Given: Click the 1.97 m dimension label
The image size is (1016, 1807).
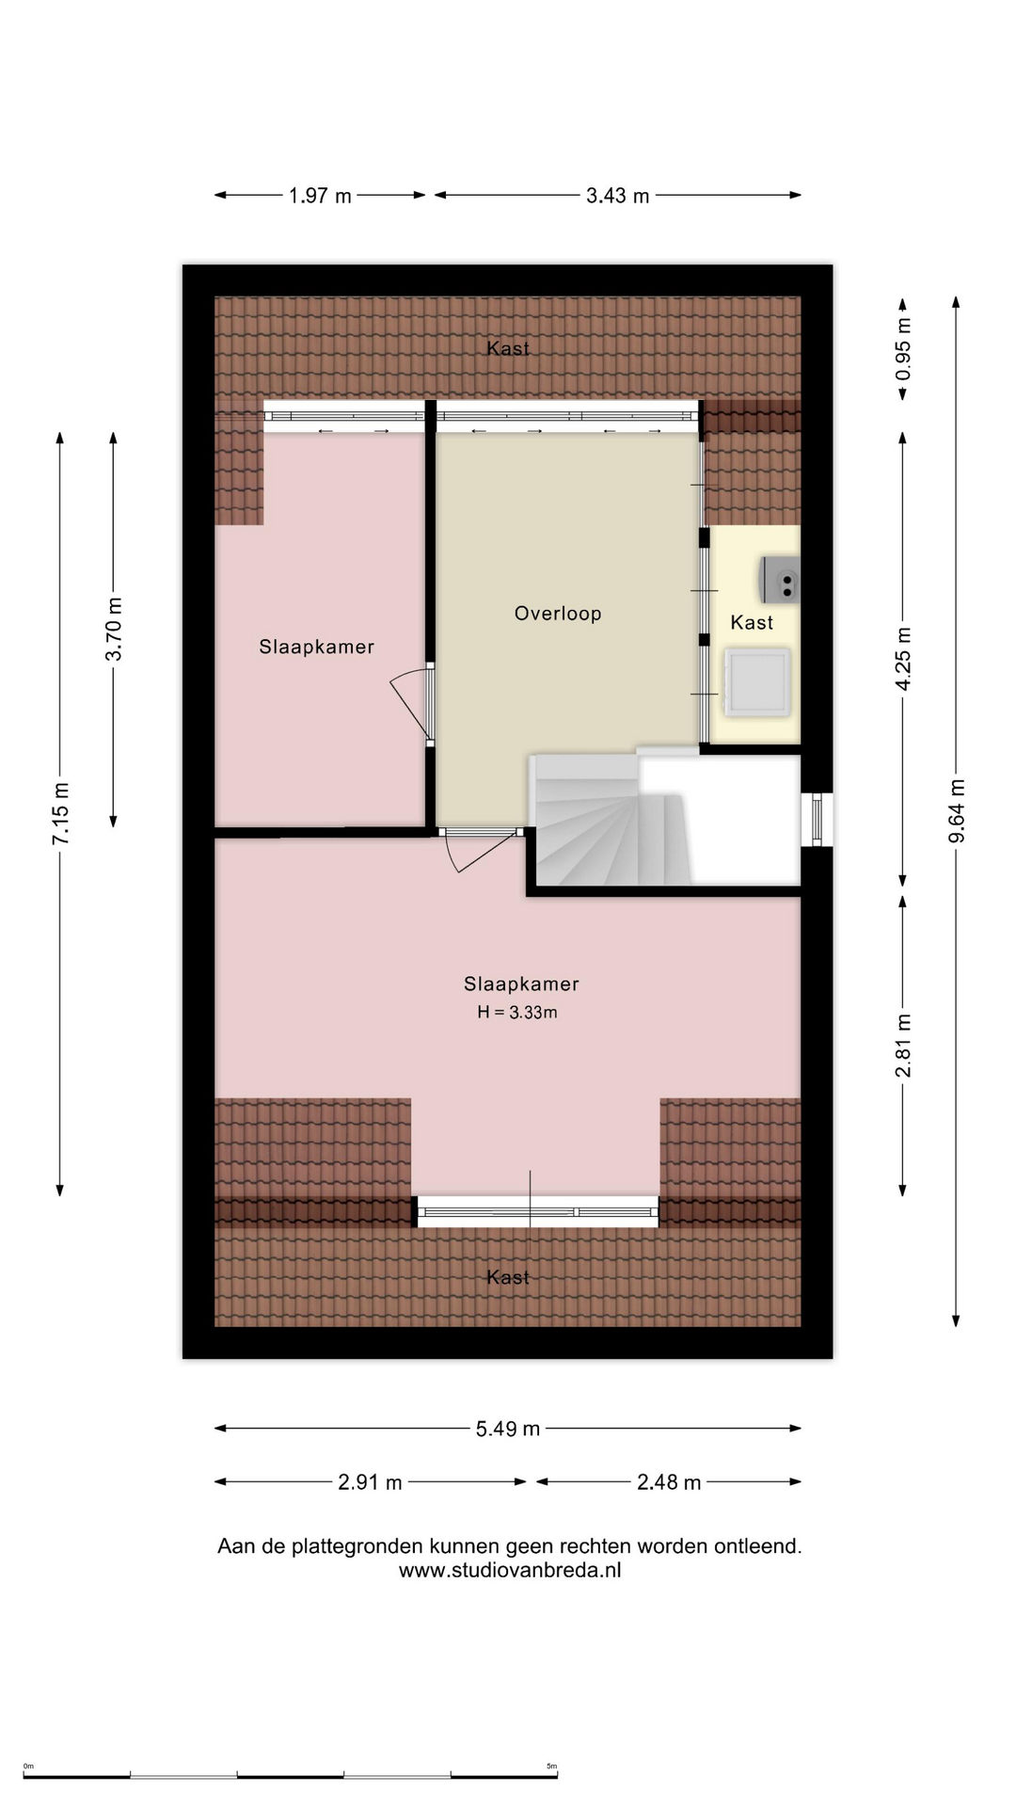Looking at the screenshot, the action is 320,196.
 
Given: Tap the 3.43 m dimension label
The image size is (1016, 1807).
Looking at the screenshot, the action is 618,196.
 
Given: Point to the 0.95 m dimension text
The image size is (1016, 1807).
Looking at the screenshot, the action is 903,349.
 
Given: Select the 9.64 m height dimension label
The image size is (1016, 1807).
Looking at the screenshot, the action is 957,811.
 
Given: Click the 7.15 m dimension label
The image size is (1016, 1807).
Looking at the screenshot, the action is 60,813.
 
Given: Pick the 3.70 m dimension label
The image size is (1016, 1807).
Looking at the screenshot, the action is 114,629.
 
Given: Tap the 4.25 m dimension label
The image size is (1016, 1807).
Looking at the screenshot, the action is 903,659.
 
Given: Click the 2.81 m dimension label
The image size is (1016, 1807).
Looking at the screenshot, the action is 903,1046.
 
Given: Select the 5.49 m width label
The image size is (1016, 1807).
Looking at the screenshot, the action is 508,1429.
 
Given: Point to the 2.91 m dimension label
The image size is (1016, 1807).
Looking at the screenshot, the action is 370,1482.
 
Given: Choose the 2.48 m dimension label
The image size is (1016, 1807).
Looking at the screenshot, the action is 669,1482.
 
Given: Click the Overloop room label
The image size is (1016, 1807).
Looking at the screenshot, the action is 558,614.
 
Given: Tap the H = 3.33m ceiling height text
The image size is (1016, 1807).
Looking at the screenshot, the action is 517,1013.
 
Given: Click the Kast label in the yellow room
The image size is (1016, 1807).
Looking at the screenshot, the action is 752,622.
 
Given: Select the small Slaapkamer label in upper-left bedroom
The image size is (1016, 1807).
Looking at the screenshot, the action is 317,648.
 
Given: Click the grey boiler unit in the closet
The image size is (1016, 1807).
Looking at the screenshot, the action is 780,580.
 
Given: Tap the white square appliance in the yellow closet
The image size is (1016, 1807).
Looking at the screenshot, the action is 755,681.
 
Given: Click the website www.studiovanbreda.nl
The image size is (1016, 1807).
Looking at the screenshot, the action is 510,1570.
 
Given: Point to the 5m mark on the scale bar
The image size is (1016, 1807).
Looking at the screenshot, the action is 552,1766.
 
